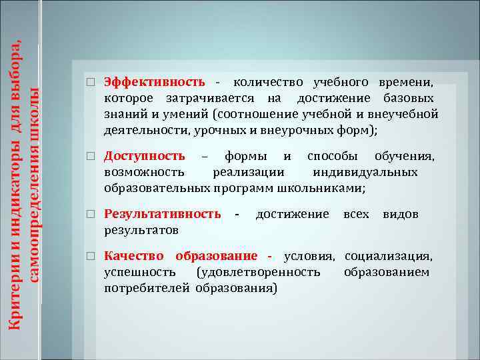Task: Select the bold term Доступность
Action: [x=145, y=156]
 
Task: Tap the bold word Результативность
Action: [x=163, y=214]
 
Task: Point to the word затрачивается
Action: [x=211, y=98]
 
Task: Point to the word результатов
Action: [x=141, y=230]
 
